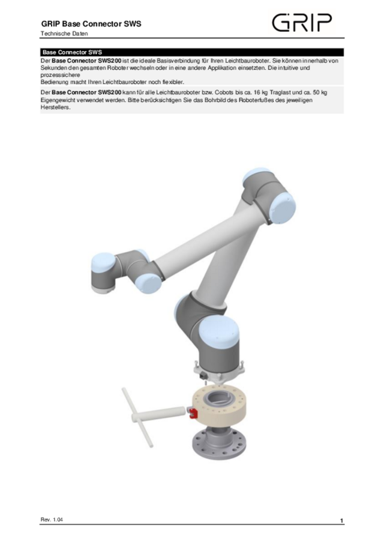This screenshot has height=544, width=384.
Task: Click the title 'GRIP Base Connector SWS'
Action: pyautogui.click(x=91, y=24)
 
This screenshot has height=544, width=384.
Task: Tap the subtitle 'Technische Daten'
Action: pyautogui.click(x=64, y=34)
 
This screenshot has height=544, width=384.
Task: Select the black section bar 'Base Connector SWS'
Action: pyautogui.click(x=192, y=52)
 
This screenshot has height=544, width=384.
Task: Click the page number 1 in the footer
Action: pyautogui.click(x=341, y=519)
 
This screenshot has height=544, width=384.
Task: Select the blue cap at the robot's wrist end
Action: pyautogui.click(x=101, y=264)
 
